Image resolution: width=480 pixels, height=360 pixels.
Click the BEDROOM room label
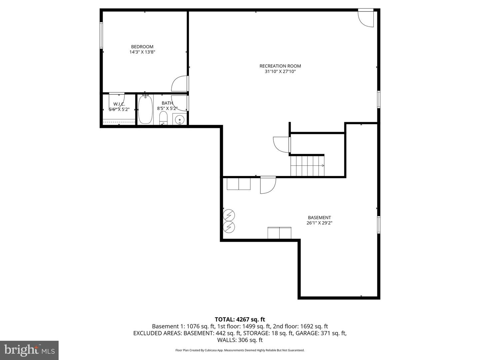pyautogui.click(x=142, y=47)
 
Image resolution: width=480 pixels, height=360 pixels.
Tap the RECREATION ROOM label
pyautogui.click(x=280, y=66)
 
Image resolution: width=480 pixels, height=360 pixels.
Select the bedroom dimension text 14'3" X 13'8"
pyautogui.click(x=142, y=52)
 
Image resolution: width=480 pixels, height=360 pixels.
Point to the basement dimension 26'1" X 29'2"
pyautogui.click(x=319, y=223)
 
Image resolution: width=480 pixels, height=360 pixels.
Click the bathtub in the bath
pyautogui.click(x=145, y=110)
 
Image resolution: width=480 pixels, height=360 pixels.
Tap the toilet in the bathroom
pyautogui.click(x=163, y=118)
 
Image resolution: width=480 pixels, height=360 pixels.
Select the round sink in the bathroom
pyautogui.click(x=180, y=119)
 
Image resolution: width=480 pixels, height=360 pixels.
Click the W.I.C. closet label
pyautogui.click(x=119, y=104)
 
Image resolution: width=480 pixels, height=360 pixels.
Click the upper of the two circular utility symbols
pyautogui.click(x=229, y=215)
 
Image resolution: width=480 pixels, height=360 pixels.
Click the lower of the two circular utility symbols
pyautogui.click(x=229, y=227)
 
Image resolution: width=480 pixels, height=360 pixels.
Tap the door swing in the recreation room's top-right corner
pyautogui.click(x=366, y=18)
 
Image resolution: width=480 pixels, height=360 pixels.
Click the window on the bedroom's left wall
pyautogui.click(x=101, y=35)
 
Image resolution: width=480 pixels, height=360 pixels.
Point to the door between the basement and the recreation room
pyautogui.click(x=268, y=185)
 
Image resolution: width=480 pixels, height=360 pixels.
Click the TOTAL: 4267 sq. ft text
pyautogui.click(x=240, y=320)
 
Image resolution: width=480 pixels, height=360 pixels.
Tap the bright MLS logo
pyautogui.click(x=29, y=350)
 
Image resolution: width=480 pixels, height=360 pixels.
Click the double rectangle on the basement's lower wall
pyautogui.click(x=279, y=233)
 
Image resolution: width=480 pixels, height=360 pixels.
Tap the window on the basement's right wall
pyautogui.click(x=379, y=224)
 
